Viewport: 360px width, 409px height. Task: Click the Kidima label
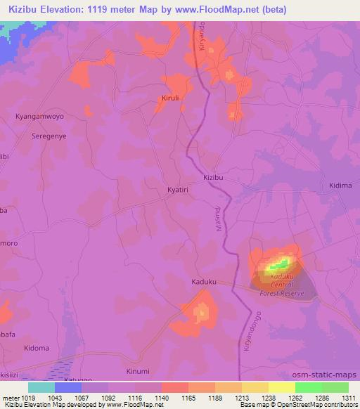340,185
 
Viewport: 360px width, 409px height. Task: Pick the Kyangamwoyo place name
39,116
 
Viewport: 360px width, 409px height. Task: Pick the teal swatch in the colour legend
41,387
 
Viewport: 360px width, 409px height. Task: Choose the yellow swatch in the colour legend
282,387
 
